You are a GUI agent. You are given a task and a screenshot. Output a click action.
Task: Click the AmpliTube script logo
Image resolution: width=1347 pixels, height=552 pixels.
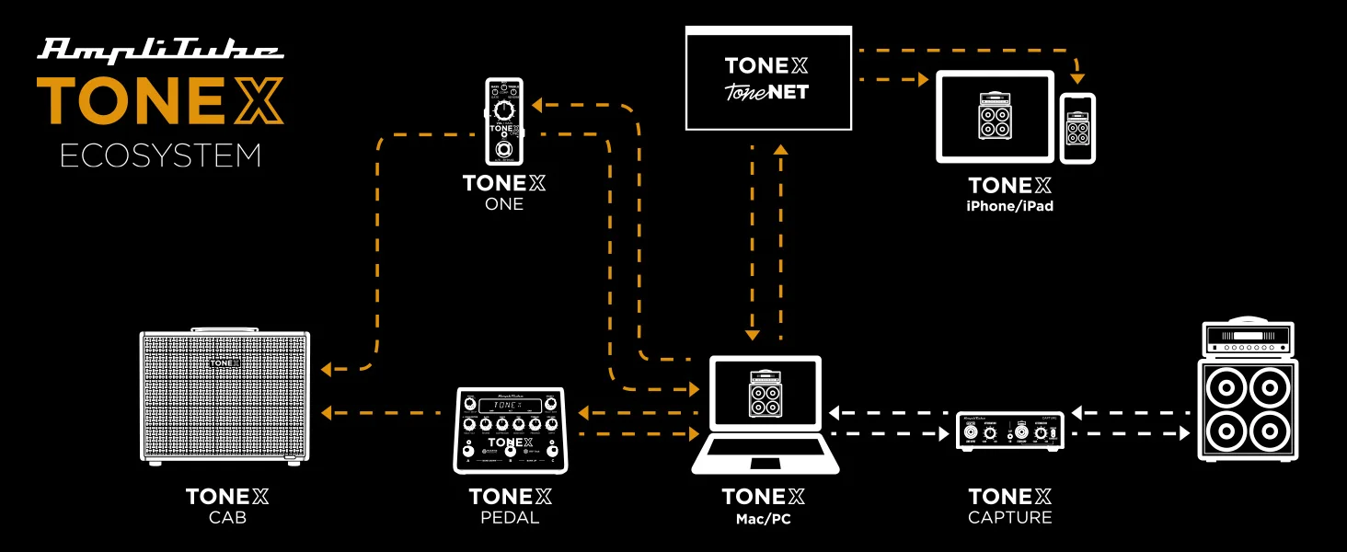coord(160,50)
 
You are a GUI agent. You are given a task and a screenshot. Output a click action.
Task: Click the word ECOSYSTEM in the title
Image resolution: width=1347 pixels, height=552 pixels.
coord(160,155)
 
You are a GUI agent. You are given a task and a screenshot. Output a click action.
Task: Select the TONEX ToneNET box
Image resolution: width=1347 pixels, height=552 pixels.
coord(767,77)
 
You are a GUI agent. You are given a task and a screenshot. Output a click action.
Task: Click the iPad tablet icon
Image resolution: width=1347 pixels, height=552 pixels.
coord(995,117)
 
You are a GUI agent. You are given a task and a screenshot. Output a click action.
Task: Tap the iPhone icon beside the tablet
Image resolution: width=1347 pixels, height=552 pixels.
coord(1077,128)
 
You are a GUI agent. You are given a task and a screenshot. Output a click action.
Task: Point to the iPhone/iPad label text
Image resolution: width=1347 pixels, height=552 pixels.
coord(1009,207)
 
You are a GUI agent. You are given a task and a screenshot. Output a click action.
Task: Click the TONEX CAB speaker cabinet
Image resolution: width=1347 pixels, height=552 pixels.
coord(224,396)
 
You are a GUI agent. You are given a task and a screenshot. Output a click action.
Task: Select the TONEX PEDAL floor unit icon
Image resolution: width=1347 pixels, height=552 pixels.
coord(509,430)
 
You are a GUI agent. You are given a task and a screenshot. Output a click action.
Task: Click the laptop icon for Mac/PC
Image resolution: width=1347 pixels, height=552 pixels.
coord(765,414)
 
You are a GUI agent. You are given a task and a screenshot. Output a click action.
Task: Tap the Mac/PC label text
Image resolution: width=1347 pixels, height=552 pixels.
coord(763,519)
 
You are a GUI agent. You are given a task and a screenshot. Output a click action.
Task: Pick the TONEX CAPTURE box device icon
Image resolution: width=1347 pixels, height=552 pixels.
coord(1010,431)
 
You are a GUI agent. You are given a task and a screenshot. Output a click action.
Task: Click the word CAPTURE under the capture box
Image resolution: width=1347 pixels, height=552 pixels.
coord(1009,518)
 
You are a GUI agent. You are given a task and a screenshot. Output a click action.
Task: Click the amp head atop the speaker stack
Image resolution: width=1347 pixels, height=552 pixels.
coord(1248,339)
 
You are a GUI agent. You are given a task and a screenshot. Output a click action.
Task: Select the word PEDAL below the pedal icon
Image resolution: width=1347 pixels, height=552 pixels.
coord(510,518)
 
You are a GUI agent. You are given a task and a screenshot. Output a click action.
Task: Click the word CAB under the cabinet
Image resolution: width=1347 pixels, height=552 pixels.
coord(227,518)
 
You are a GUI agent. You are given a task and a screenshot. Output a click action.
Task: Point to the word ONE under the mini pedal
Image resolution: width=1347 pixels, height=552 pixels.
coord(504,204)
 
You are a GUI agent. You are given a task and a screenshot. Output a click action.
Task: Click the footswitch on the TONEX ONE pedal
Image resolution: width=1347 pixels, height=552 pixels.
coord(504,150)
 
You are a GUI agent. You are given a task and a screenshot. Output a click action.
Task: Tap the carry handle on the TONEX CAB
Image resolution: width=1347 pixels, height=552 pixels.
coord(224,328)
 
